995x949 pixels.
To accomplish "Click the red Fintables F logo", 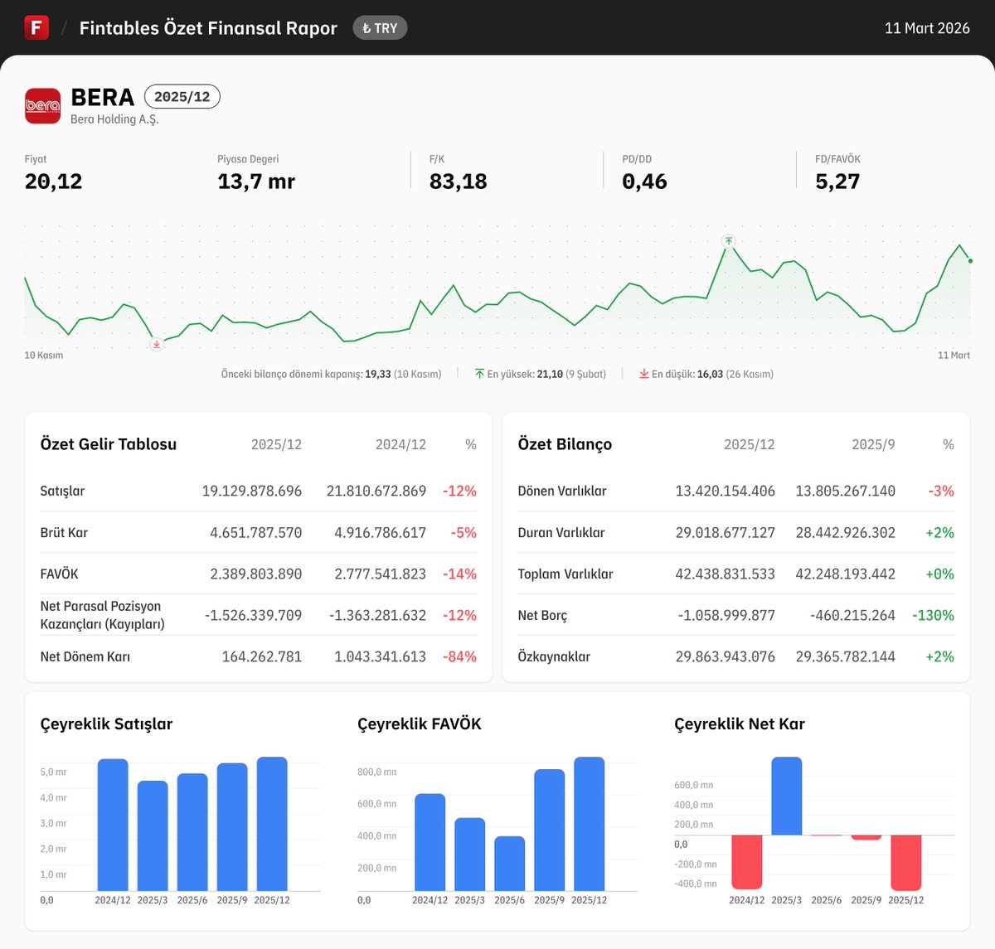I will point(36,27).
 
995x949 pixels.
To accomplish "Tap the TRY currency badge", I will point(380,28).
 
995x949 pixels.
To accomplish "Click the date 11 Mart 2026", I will point(926,28).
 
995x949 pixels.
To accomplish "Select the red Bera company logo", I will point(42,105).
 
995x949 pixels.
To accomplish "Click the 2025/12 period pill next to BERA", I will point(182,97).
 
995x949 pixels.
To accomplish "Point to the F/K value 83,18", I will point(458,182).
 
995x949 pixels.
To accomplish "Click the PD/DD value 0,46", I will point(644,182).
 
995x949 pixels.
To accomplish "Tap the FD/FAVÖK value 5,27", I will point(837,182).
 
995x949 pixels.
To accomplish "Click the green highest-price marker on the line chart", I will point(728,241).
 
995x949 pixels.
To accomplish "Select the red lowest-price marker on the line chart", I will point(156,344).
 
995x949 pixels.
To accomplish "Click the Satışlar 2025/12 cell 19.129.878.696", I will point(251,491).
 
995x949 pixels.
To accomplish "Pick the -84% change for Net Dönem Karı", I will point(459,656).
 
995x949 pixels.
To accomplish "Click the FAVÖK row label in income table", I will point(59,574).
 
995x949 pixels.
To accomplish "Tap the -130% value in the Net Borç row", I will point(933,615).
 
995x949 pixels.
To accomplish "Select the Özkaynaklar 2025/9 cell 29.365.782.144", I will point(845,656).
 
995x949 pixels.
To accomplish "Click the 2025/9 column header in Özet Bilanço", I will point(873,444).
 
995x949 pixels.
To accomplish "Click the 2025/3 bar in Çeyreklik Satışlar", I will point(153,835).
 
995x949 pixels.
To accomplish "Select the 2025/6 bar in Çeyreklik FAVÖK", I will point(509,863).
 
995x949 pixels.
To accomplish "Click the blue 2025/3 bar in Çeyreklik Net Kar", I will point(786,796).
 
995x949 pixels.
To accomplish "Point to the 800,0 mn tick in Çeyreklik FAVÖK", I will point(376,772).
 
